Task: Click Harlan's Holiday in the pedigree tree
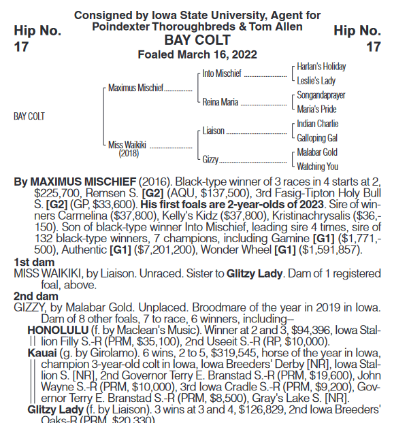pyautogui.click(x=321, y=67)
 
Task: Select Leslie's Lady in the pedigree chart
pyautogui.click(x=317, y=81)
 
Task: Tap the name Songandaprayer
pyautogui.click(x=321, y=95)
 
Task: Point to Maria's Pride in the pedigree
pyautogui.click(x=316, y=109)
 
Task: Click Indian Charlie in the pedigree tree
pyautogui.click(x=318, y=124)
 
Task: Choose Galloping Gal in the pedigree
pyautogui.click(x=318, y=138)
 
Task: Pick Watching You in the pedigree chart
pyautogui.click(x=318, y=166)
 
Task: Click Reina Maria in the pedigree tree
pyautogui.click(x=220, y=103)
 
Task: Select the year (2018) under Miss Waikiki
pyautogui.click(x=129, y=154)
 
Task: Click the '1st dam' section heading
pyautogui.click(x=31, y=262)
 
